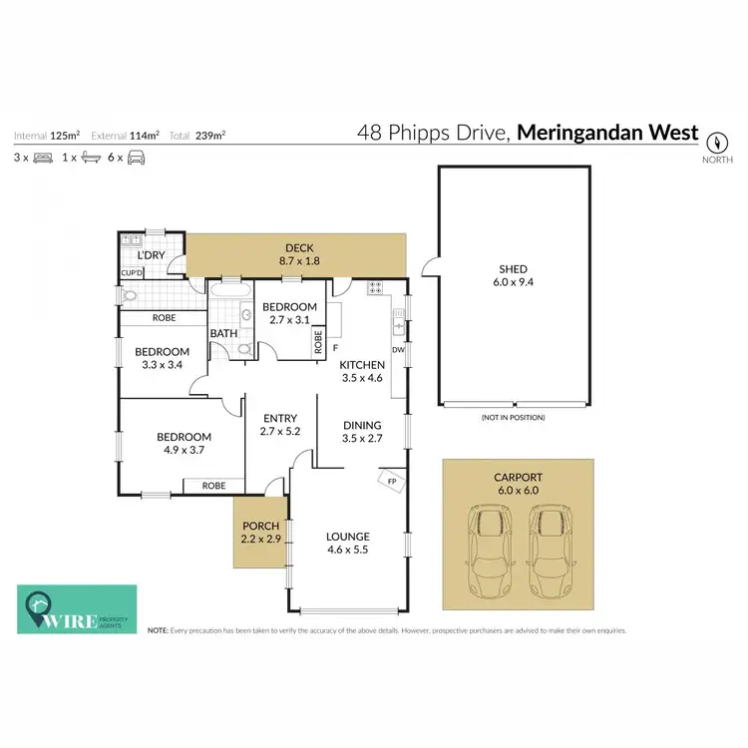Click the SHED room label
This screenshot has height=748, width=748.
tap(513, 269)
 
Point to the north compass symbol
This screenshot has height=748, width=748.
tap(715, 141)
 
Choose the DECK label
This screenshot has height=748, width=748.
tap(299, 247)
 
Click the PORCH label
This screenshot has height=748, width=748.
tap(261, 526)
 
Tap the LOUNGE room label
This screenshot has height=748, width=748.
tap(347, 536)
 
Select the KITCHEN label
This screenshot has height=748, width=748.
tap(362, 365)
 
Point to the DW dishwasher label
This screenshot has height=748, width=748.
tap(398, 350)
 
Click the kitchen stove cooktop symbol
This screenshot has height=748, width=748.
tap(376, 288)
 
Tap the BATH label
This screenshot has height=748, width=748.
tap(222, 334)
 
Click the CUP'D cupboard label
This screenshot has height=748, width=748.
tap(132, 272)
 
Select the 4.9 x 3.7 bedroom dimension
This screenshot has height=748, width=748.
tap(184, 451)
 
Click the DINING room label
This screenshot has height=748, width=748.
tap(362, 425)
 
